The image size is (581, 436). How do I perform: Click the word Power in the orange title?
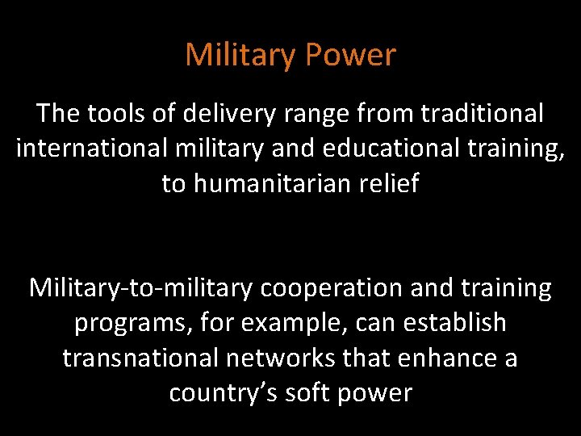353,56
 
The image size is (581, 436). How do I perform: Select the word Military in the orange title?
241,56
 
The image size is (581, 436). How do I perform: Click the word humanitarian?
270,184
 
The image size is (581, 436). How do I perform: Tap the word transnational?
138,358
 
